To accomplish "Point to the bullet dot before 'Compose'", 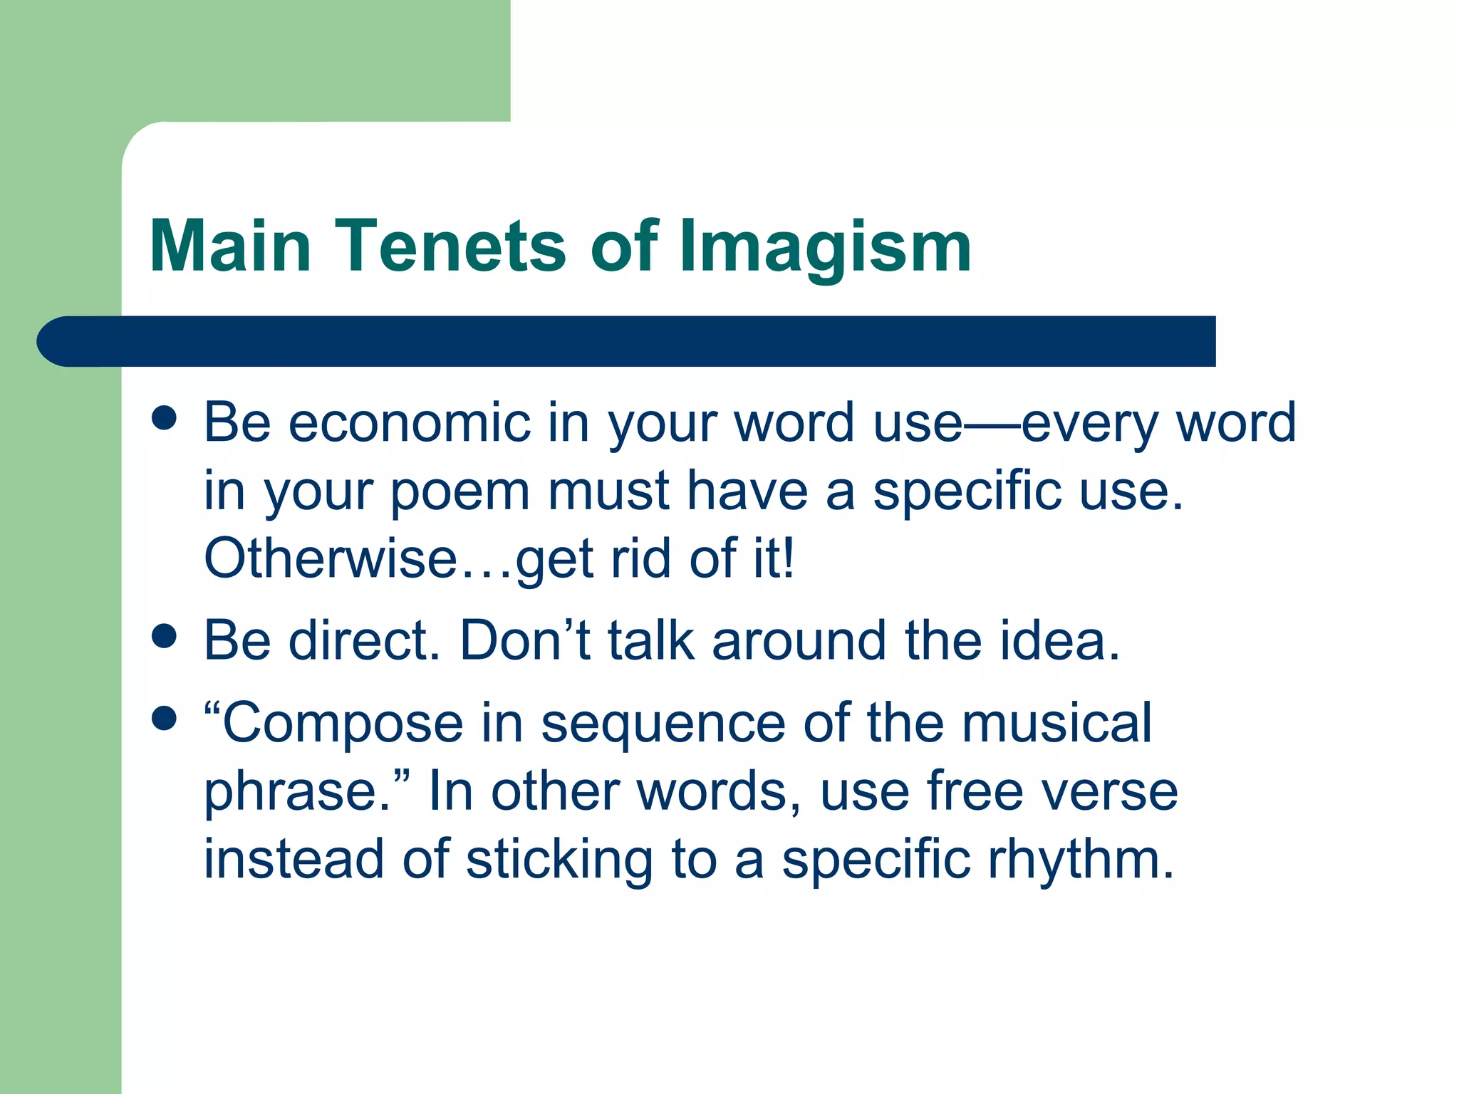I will (x=164, y=719).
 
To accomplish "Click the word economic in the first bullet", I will (x=410, y=423).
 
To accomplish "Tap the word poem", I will (x=460, y=491).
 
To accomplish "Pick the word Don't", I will (x=525, y=640).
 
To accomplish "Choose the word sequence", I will (x=663, y=724).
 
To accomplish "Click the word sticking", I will (x=559, y=860).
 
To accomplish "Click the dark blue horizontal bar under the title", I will (x=627, y=341).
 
